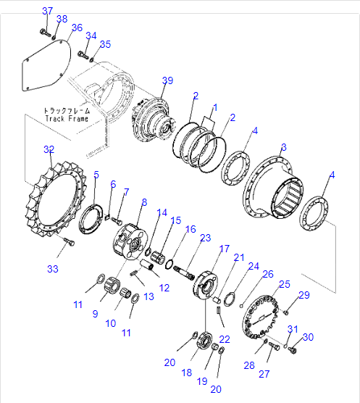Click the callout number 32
[49, 150]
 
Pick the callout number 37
[47, 11]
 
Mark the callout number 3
[284, 147]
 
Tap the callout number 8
[144, 202]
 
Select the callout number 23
[205, 238]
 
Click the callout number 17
[225, 249]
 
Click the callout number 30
[308, 337]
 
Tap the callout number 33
[52, 269]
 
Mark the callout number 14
[162, 212]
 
